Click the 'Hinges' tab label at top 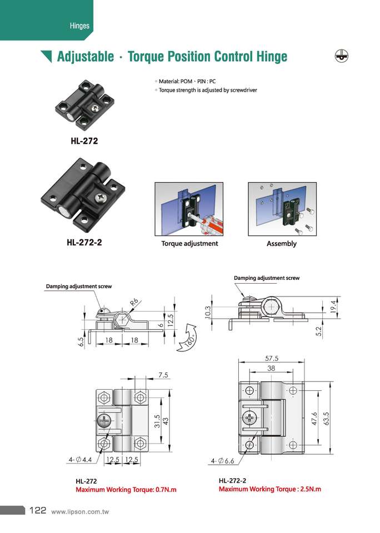tap(79, 26)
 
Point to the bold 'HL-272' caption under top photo tap(84, 141)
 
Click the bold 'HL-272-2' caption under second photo tap(84, 243)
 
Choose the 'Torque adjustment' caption tap(189, 244)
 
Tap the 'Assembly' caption tap(282, 244)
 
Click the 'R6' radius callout tap(134, 303)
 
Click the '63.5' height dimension tap(327, 417)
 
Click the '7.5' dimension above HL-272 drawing tap(163, 375)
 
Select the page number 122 tap(37, 510)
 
